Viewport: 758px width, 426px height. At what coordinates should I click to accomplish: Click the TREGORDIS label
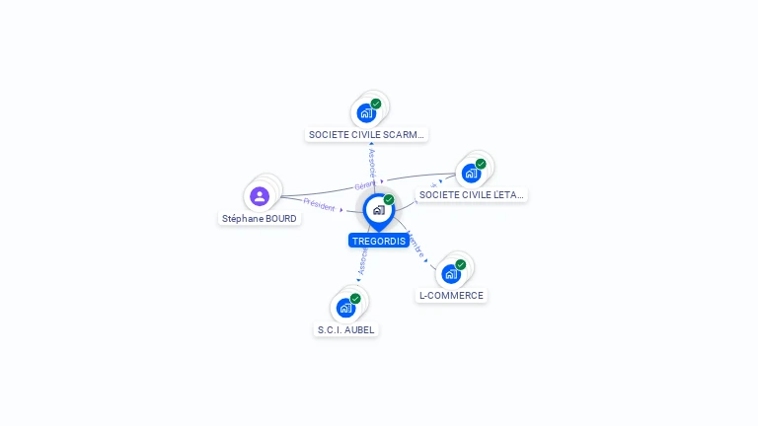point(378,241)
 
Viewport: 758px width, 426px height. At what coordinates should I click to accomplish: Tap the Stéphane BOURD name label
point(259,218)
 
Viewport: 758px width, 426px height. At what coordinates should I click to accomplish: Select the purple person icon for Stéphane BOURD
point(260,196)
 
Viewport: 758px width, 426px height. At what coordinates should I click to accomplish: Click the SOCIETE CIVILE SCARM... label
point(367,134)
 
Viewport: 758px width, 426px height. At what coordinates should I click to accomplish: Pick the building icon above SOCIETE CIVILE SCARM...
point(366,112)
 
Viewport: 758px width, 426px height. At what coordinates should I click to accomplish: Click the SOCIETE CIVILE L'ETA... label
point(472,194)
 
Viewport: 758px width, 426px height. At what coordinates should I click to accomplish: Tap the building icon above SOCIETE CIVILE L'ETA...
point(471,174)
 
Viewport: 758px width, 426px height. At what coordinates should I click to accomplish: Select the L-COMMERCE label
point(451,295)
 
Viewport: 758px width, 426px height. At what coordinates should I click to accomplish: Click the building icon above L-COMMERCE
point(450,274)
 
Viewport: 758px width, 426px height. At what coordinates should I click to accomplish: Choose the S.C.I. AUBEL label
point(346,329)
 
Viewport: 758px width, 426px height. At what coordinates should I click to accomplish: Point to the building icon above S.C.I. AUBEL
point(345,308)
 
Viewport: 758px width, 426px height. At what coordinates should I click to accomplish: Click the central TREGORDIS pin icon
point(378,210)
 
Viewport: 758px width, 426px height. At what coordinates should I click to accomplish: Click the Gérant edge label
point(364,185)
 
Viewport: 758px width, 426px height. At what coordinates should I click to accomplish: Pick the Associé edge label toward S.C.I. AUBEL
point(362,261)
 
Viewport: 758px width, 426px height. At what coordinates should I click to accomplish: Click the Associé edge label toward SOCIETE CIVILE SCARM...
point(371,160)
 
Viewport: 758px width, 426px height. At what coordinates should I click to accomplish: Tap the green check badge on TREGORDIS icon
point(389,199)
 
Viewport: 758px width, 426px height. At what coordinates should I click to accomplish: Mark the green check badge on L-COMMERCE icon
point(461,264)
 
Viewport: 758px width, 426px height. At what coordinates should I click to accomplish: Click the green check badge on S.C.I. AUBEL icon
point(355,298)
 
